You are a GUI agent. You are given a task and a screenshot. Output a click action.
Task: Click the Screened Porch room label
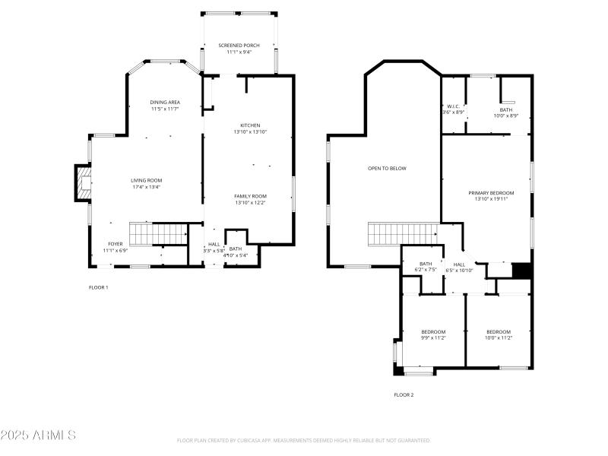239,49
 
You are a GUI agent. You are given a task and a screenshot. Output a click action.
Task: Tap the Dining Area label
164,105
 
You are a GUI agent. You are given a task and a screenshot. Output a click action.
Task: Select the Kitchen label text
250,128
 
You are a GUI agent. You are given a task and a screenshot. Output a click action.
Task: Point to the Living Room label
146,183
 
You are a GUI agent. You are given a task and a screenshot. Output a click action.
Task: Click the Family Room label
250,199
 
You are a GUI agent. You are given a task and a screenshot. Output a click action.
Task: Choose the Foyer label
116,246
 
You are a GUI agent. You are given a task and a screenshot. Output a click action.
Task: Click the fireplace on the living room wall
82,183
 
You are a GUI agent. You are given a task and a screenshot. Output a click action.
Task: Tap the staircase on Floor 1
157,233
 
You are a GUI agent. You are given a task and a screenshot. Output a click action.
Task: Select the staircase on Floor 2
403,233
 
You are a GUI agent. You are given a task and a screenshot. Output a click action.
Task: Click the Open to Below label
387,168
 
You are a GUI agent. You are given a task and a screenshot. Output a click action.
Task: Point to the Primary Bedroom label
490,196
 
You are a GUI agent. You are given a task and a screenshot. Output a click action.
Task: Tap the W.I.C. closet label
453,109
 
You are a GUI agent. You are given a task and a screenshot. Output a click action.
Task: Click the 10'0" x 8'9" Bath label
505,112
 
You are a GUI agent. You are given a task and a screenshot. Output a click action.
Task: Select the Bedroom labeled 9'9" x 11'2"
433,334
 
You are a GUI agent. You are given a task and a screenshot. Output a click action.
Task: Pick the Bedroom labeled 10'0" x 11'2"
499,334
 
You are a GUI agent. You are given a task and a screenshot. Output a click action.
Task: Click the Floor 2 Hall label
459,267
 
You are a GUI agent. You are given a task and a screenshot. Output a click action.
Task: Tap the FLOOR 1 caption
99,287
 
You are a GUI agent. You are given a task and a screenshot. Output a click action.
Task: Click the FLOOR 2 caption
404,394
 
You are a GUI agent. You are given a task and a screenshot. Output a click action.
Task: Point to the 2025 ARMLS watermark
38,435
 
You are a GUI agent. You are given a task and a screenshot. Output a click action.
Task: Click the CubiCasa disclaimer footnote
303,440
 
